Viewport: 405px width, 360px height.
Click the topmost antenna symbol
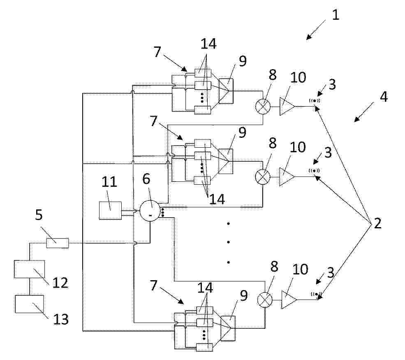click(x=315, y=100)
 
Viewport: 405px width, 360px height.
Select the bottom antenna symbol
click(x=317, y=294)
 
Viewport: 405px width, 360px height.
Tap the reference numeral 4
click(x=384, y=97)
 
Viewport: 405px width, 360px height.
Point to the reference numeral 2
click(x=377, y=223)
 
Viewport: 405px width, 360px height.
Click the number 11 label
click(x=109, y=182)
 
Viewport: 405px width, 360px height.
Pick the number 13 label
click(x=61, y=319)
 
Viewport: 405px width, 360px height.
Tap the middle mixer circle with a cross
click(x=262, y=177)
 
